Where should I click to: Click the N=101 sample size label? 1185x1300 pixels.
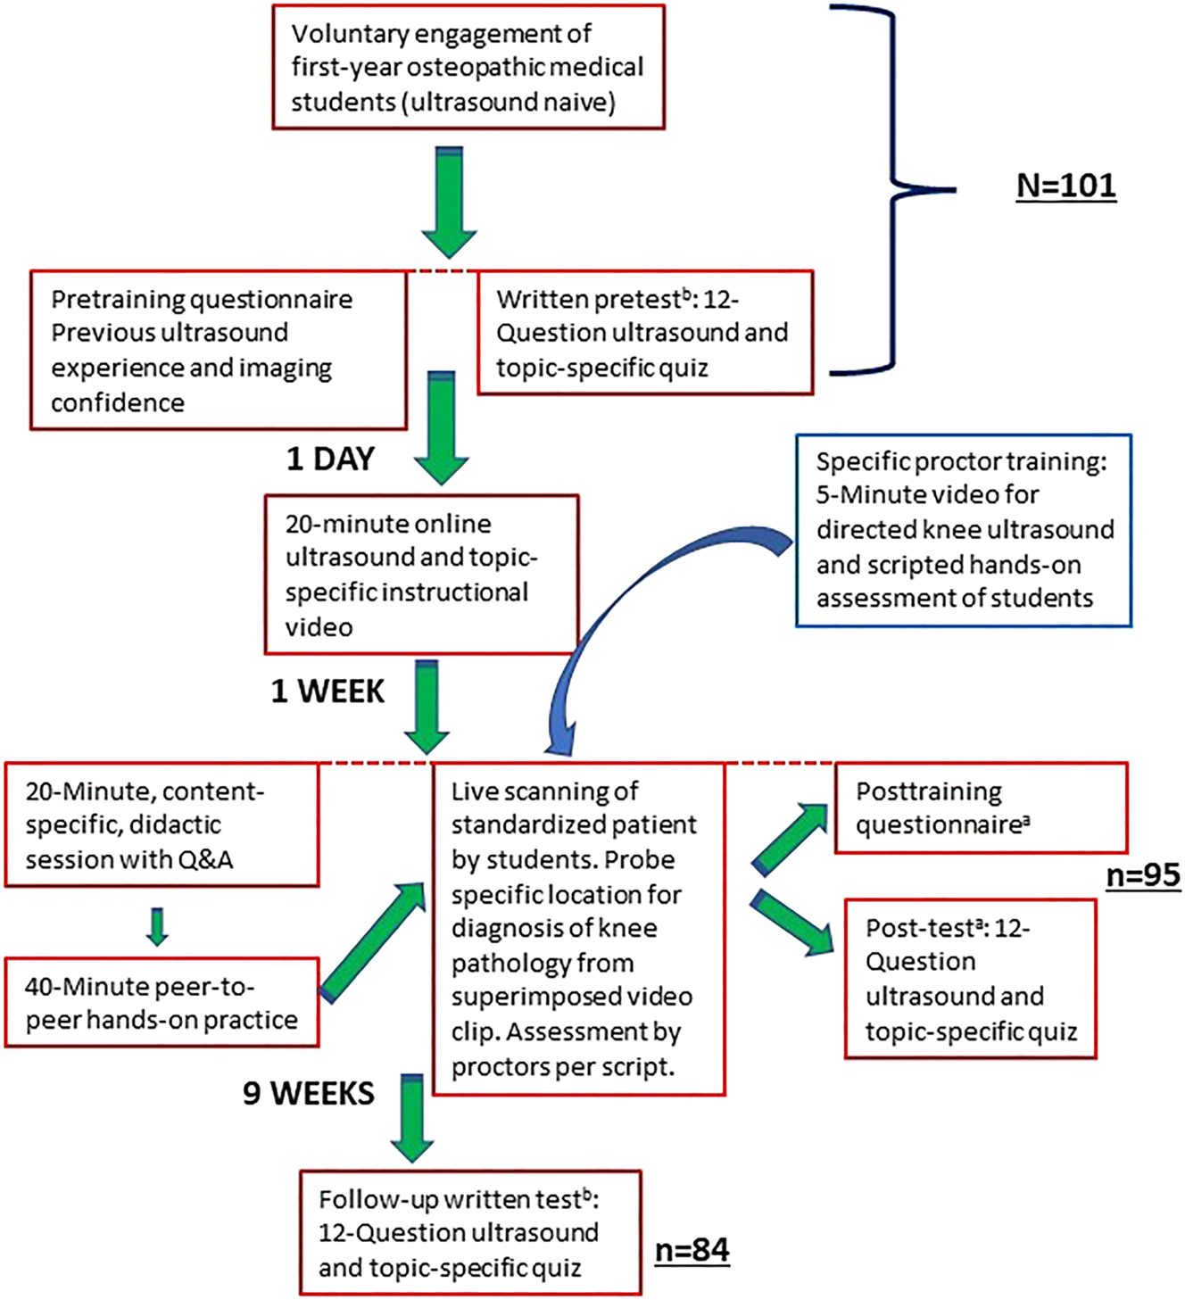[1066, 186]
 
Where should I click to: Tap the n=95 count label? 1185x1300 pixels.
[1142, 875]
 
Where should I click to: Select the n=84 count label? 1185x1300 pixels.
[692, 1250]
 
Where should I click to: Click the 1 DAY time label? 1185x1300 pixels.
[330, 459]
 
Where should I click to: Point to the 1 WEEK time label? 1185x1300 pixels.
[327, 691]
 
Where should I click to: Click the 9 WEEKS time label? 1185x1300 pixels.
[309, 1093]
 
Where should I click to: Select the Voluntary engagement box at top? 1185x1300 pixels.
[468, 68]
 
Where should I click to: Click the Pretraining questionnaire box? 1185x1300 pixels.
[218, 351]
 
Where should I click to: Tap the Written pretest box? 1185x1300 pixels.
[645, 333]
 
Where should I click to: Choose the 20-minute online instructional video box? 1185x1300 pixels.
[421, 575]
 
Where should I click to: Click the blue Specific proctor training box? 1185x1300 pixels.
[964, 530]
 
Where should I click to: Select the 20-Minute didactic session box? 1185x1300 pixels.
[162, 824]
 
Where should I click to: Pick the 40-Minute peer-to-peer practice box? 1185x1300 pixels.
[162, 1003]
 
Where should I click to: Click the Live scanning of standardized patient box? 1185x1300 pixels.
[577, 928]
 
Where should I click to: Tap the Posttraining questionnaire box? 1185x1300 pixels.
[981, 807]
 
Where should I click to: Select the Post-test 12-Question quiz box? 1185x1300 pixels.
[970, 979]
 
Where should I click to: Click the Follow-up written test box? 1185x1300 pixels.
[470, 1233]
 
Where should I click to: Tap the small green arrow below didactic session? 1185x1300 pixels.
[157, 926]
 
